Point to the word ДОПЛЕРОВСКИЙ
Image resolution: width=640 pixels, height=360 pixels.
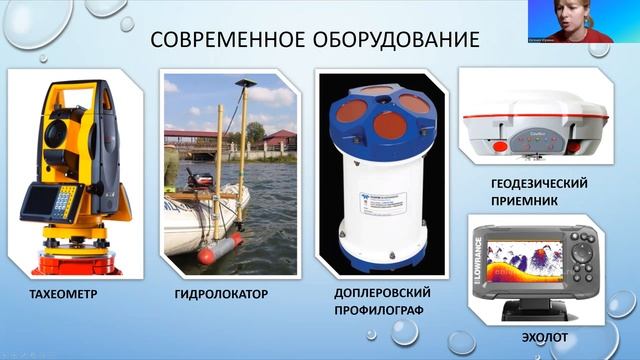pos(384,291)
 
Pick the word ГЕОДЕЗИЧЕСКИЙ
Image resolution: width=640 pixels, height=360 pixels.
pos(538,184)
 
